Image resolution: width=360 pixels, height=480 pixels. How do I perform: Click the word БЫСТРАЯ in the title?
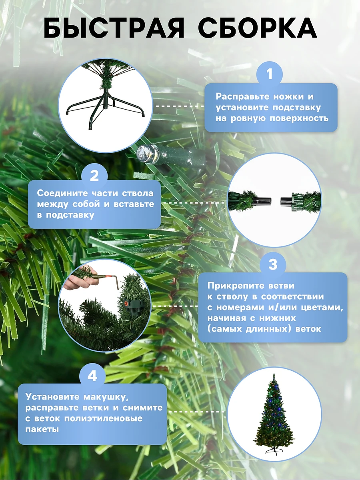point(114,28)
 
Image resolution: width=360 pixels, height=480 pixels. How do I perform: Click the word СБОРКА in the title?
point(257,28)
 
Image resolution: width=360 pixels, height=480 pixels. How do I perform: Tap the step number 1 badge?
point(270,74)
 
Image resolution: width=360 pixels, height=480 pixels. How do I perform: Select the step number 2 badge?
point(94,176)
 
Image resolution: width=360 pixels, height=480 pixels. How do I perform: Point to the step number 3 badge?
point(273,264)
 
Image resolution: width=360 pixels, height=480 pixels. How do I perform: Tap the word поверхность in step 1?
point(299,118)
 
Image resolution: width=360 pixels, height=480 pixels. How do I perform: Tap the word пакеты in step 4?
point(42,429)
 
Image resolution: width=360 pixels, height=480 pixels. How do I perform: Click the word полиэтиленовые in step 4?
point(103,418)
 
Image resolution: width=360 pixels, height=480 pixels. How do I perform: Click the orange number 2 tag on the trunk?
point(126,304)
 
